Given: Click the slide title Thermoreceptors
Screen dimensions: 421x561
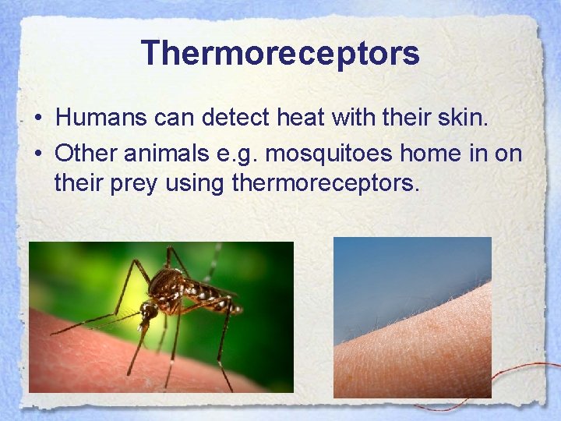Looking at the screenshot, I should pyautogui.click(x=280, y=53).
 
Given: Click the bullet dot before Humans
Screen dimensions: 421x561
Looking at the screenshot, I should pyautogui.click(x=37, y=119).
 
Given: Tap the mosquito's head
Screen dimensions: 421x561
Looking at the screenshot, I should pyautogui.click(x=148, y=310).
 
